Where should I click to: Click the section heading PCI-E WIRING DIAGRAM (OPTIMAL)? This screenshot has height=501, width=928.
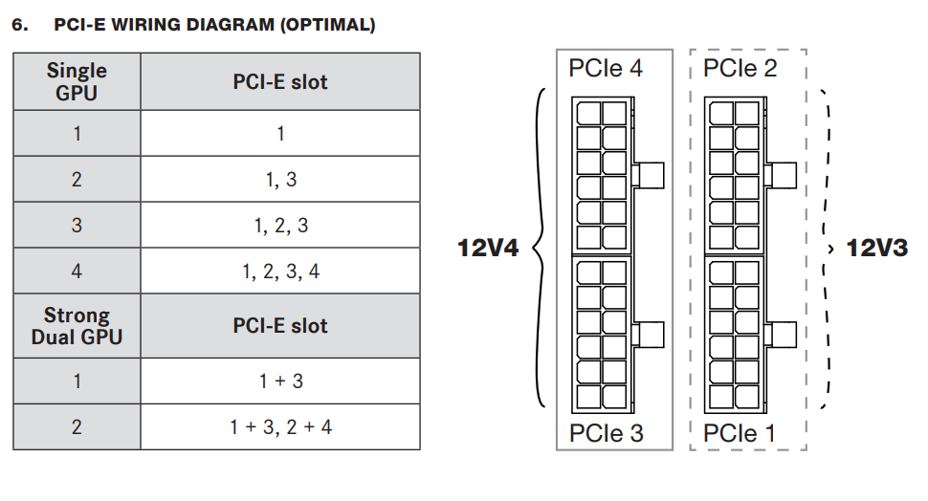[214, 25]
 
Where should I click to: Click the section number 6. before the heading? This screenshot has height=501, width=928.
[20, 25]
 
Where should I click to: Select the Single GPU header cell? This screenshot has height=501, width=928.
[77, 81]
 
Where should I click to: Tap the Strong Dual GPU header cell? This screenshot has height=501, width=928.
[77, 326]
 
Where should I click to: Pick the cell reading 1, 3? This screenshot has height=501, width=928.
[280, 179]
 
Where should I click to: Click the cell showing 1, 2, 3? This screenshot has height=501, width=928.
[280, 226]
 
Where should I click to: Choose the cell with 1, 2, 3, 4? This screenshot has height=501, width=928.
[280, 271]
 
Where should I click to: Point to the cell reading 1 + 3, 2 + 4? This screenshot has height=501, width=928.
[280, 427]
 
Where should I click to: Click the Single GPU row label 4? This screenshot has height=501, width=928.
[77, 271]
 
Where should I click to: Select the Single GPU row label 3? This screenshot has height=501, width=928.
[77, 226]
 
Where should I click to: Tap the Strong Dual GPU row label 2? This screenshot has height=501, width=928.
[77, 427]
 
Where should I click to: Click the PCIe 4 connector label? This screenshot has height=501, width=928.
[606, 68]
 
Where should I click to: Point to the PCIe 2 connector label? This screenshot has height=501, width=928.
[740, 68]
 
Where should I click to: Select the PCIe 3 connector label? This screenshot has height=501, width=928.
[606, 433]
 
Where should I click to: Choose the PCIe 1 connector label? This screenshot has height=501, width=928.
[740, 433]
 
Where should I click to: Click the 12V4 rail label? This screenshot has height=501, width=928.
[488, 248]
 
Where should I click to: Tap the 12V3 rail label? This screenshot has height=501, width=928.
[877, 248]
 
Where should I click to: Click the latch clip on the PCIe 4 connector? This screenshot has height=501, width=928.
[648, 175]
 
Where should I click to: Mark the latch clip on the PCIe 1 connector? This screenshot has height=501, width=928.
[781, 335]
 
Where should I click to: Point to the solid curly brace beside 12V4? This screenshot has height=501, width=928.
[539, 248]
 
